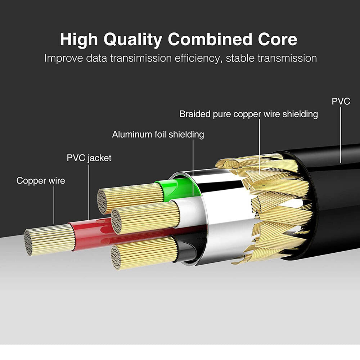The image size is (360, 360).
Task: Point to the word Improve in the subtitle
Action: pos(63,58)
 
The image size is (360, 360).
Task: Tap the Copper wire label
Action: pos(41,181)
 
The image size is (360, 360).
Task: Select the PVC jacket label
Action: pos(89,158)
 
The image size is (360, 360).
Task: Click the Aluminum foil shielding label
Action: pos(158,135)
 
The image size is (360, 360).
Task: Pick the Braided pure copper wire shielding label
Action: pos(249,114)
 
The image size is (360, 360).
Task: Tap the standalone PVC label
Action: pos(341,102)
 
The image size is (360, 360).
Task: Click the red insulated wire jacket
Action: pos(92,234)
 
